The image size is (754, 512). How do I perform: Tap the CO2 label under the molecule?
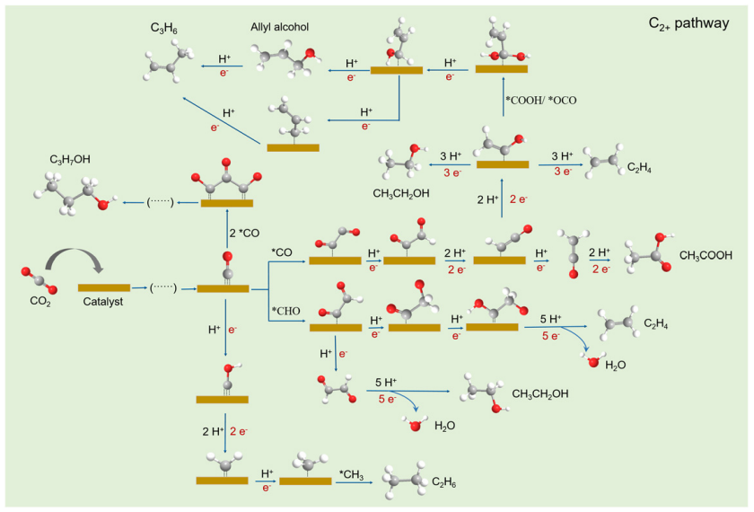click(40, 303)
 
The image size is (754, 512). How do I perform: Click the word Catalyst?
click(104, 303)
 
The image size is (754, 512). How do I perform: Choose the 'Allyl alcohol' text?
click(280, 28)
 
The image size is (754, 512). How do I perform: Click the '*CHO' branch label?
click(286, 310)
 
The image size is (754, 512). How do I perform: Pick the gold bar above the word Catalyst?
click(104, 287)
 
